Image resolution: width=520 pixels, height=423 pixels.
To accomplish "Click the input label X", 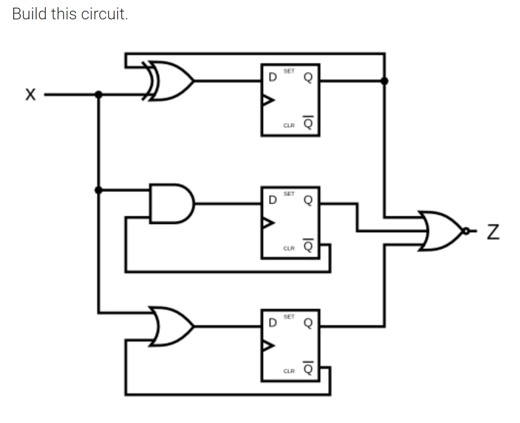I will coord(31,94).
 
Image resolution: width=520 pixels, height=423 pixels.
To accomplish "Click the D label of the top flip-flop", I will coord(272,78).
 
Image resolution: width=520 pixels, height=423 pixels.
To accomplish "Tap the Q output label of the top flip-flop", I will coord(308,78).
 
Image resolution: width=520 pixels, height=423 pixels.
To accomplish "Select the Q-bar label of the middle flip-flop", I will coord(308,247).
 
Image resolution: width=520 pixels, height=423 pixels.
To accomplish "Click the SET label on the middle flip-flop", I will coord(289,194).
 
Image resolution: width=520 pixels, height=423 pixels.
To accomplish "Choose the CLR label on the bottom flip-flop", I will coord(289,371).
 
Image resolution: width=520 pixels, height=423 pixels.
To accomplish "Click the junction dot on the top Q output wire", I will coord(385,81).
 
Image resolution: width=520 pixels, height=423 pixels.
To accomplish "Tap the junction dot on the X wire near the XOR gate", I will coord(98,94).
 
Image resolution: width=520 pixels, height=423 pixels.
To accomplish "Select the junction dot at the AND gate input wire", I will coord(98,190).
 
